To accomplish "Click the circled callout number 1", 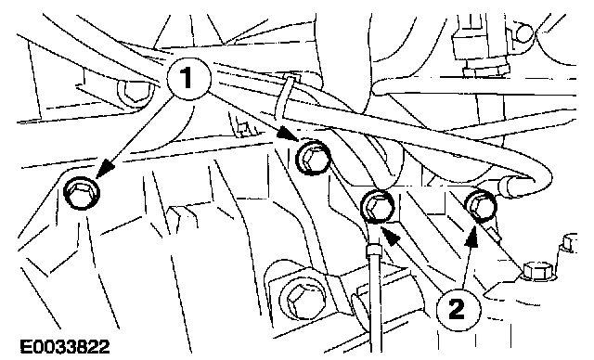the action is pyautogui.click(x=188, y=78).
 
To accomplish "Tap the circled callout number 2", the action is pyautogui.click(x=458, y=309).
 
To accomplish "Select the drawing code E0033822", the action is pyautogui.click(x=65, y=346).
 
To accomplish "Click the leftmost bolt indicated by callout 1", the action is pyautogui.click(x=82, y=193).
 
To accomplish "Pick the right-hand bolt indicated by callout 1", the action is pyautogui.click(x=313, y=158).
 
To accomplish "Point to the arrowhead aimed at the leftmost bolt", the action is pyautogui.click(x=107, y=170).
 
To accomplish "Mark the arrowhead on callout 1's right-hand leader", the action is pyautogui.click(x=287, y=135).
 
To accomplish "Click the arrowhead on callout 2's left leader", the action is pyautogui.click(x=390, y=234).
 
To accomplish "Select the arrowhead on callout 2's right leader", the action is pyautogui.click(x=471, y=237).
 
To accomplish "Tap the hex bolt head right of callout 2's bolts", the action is pyautogui.click(x=538, y=272).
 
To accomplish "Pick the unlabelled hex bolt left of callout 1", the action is pyautogui.click(x=136, y=91).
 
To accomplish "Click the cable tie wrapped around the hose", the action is pyautogui.click(x=285, y=96).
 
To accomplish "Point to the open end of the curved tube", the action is pyautogui.click(x=507, y=186).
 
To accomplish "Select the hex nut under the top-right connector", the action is pyautogui.click(x=486, y=70).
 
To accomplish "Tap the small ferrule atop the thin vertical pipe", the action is pyautogui.click(x=374, y=250).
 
